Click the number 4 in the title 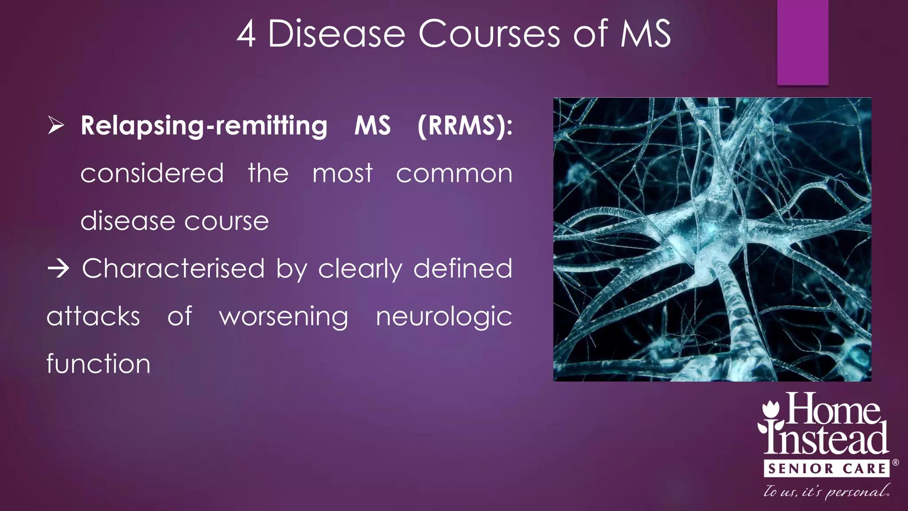(x=247, y=34)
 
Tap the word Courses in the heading (x=489, y=34)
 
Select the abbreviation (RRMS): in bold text (x=465, y=126)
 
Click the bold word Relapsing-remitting (x=204, y=126)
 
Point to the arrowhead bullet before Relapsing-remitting (x=56, y=126)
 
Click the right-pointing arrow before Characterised (x=58, y=269)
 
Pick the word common (x=454, y=173)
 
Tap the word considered (x=152, y=173)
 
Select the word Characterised (x=173, y=269)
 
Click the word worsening (x=284, y=317)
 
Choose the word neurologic (x=444, y=317)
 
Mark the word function (x=98, y=364)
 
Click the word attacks (x=94, y=317)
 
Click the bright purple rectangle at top (x=802, y=42)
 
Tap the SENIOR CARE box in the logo (x=826, y=469)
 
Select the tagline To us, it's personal (x=826, y=491)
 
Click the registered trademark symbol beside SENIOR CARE (x=896, y=463)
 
